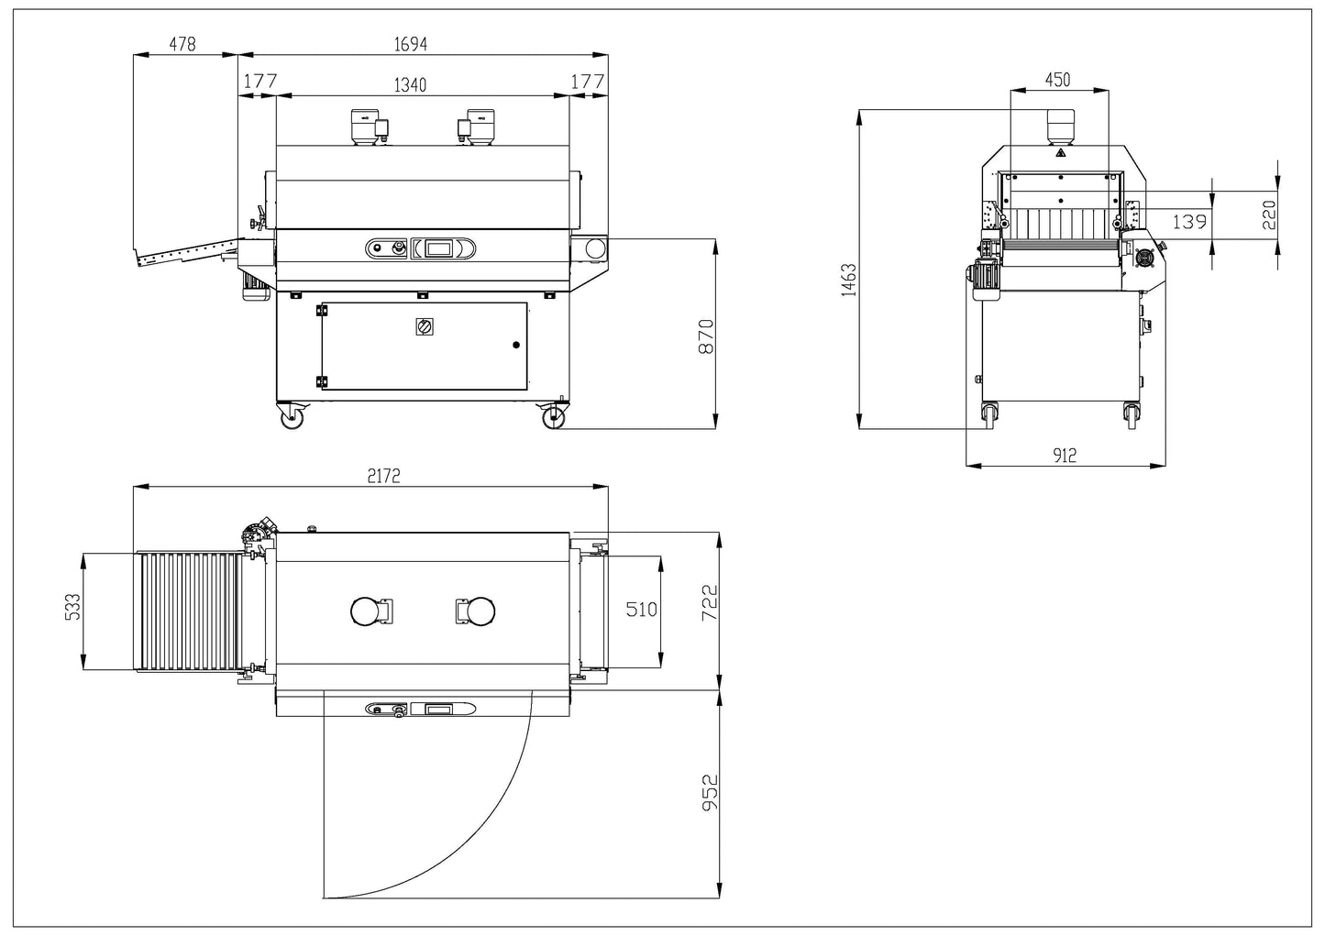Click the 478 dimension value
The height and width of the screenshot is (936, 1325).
pos(182,44)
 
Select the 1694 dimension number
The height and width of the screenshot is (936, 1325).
pos(411,44)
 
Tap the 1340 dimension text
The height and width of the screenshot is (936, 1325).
pos(410,85)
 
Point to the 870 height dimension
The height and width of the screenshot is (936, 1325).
pos(706,336)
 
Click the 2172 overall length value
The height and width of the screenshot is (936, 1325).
pos(384,476)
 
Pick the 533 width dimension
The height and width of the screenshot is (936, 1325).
pos(72,607)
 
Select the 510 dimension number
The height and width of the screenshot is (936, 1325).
pos(641,609)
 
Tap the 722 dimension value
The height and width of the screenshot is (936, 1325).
pos(709,602)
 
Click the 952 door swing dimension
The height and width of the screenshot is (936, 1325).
pos(710,793)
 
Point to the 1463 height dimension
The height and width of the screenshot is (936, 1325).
pos(849,280)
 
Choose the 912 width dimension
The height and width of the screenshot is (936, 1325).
pos(1065,456)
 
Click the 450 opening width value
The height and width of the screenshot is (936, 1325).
pos(1057,80)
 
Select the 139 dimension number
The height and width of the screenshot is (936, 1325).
pos(1189,222)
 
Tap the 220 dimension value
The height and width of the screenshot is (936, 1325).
pos(1269,215)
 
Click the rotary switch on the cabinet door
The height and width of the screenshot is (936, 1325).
pos(425,326)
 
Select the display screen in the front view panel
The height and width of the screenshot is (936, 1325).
pos(438,248)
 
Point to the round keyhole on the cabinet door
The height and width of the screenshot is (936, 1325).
pos(516,345)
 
